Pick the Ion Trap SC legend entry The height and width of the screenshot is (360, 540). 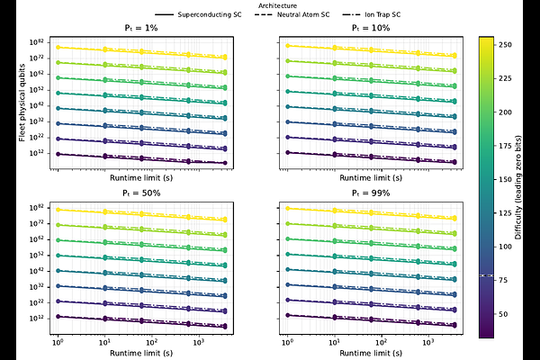pyautogui.click(x=395, y=15)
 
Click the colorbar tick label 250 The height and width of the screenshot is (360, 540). pyautogui.click(x=509, y=43)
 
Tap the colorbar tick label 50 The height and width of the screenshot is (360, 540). pyautogui.click(x=507, y=312)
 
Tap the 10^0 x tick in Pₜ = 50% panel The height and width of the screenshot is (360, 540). pyautogui.click(x=58, y=344)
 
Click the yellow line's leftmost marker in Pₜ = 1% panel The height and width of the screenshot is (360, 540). pyautogui.click(x=58, y=47)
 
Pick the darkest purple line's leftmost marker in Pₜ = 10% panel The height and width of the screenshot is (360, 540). pyautogui.click(x=286, y=154)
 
